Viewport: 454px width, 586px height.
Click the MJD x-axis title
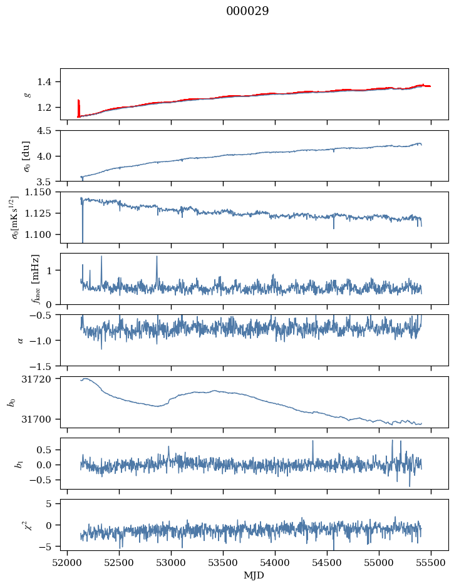[x=254, y=575]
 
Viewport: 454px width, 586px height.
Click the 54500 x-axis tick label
[x=327, y=562]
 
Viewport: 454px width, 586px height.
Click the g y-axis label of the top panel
[x=27, y=94]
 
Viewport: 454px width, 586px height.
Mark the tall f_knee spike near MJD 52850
[x=157, y=257]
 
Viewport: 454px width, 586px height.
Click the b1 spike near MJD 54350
[x=312, y=441]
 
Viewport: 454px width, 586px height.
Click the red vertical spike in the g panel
[x=78, y=108]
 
